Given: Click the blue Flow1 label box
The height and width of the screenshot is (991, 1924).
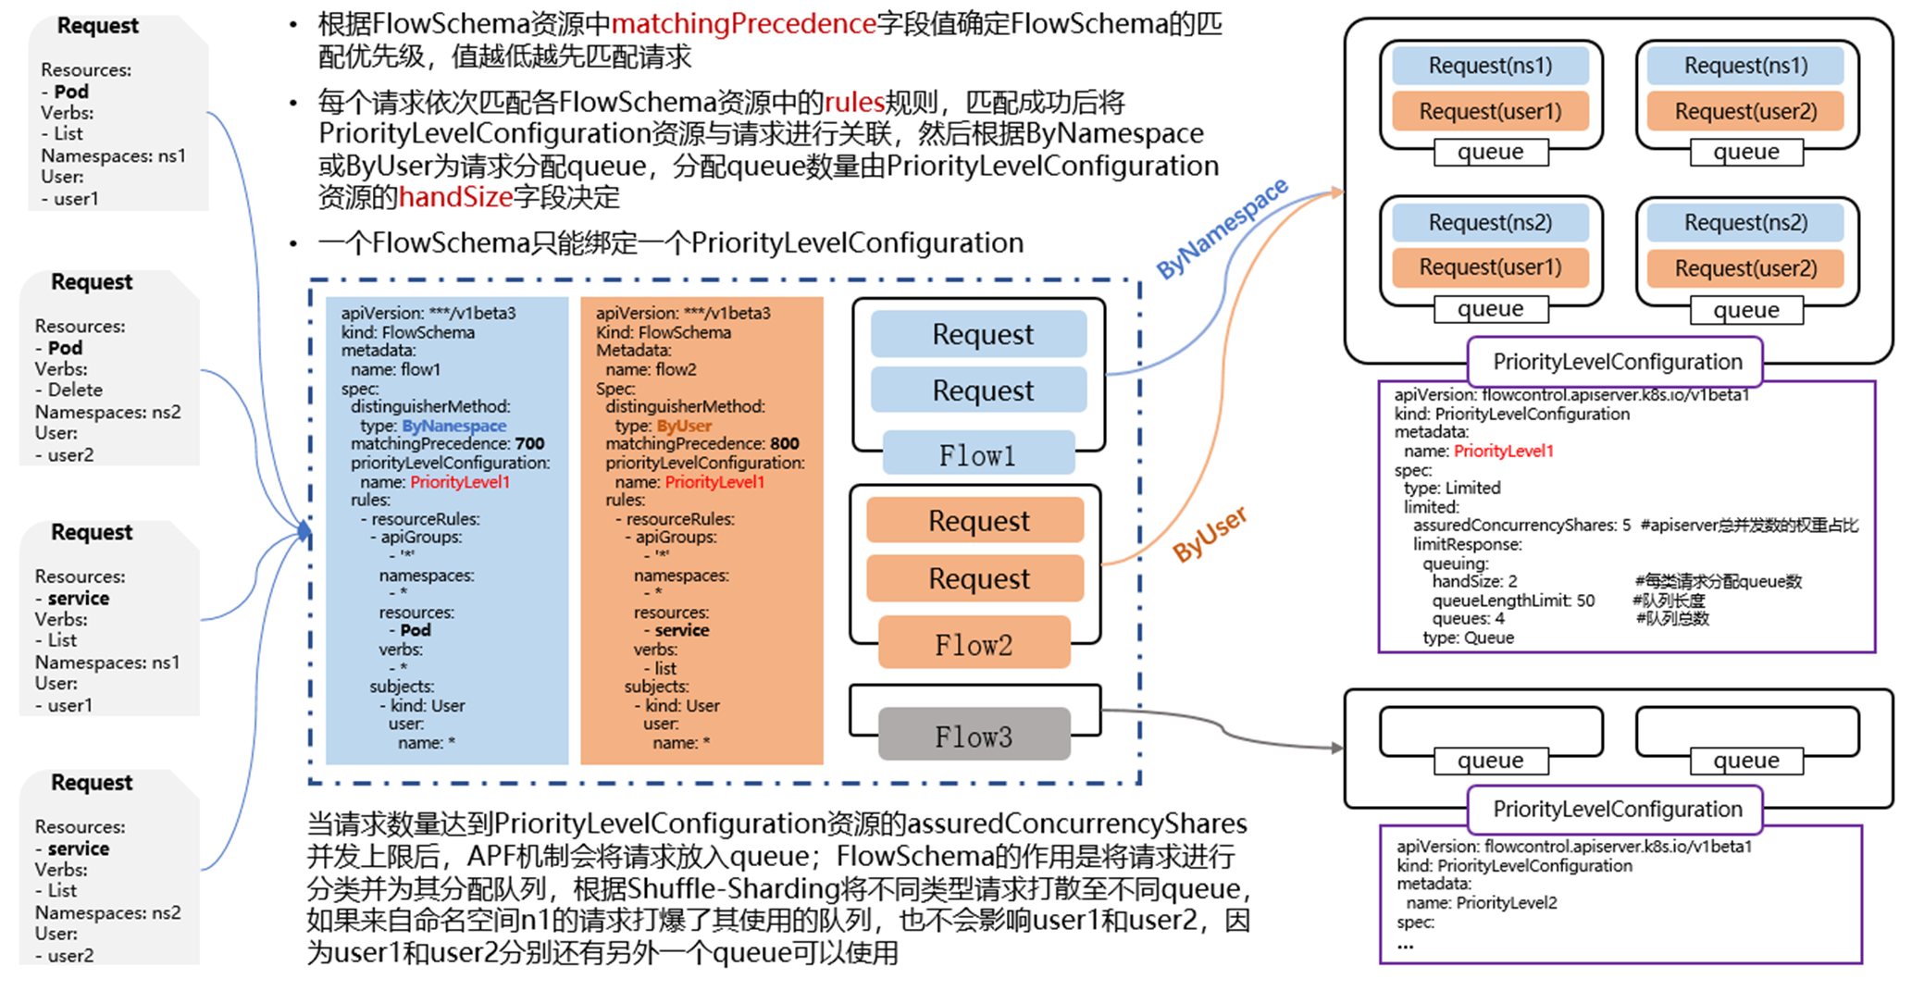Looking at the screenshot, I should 978,455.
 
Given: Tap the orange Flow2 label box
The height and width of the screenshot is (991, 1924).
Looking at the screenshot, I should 974,645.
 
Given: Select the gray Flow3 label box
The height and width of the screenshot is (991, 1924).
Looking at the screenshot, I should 974,737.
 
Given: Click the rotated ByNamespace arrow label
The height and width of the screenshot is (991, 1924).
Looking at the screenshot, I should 1222,228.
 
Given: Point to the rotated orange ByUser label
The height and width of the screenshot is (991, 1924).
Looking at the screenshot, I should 1210,534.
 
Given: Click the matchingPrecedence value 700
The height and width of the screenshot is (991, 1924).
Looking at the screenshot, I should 529,444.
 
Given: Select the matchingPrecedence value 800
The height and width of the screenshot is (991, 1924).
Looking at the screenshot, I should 784,444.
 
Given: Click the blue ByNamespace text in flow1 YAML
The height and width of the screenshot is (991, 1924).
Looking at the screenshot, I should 453,426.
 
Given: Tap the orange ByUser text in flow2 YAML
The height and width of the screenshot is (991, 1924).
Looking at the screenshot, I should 684,426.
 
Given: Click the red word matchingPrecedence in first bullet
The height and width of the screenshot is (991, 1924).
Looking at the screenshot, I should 743,23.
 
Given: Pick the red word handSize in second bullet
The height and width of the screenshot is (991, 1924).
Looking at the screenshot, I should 455,197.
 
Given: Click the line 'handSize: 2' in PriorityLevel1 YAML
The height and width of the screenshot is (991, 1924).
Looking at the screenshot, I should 1474,581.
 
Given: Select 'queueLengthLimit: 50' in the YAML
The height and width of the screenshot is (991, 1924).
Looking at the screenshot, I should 1513,601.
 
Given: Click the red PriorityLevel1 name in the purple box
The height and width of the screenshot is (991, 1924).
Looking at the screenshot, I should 1503,451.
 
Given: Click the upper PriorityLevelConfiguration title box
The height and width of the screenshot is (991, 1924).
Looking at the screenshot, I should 1616,362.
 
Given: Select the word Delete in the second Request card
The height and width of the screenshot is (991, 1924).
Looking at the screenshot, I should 75,390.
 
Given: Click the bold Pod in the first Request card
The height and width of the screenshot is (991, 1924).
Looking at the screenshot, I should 71,92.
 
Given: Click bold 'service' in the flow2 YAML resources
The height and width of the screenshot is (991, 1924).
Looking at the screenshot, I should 682,630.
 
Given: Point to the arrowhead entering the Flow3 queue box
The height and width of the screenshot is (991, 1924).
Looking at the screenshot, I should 1337,748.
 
